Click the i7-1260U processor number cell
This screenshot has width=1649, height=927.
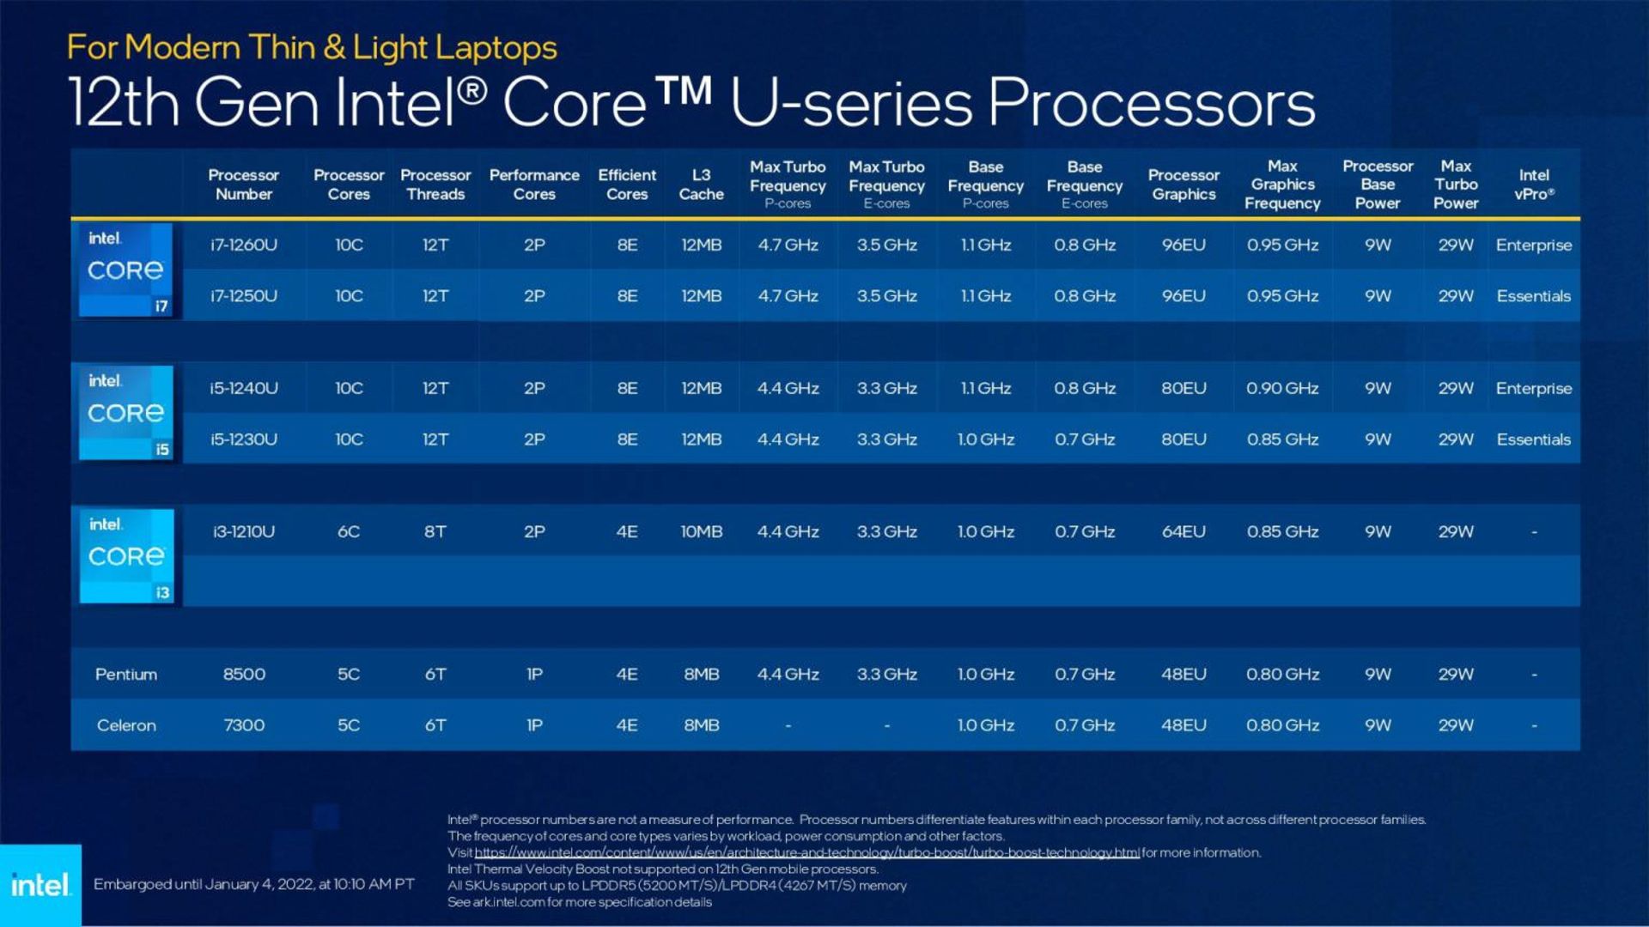pyautogui.click(x=244, y=245)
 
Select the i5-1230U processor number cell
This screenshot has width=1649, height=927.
pyautogui.click(x=244, y=439)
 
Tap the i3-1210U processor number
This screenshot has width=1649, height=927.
pyautogui.click(x=244, y=532)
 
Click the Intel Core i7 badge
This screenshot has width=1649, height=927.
pyautogui.click(x=126, y=270)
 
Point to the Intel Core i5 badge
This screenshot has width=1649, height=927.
pyautogui.click(x=126, y=413)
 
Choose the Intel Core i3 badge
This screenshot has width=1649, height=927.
pyautogui.click(x=126, y=556)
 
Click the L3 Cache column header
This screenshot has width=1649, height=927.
pyautogui.click(x=701, y=185)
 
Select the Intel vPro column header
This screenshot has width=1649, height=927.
pyautogui.click(x=1534, y=185)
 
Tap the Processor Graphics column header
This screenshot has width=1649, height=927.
pyautogui.click(x=1184, y=185)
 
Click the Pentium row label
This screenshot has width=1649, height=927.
pyautogui.click(x=126, y=675)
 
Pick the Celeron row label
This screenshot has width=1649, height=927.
pyautogui.click(x=126, y=725)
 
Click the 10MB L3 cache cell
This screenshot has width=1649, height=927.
pyautogui.click(x=701, y=532)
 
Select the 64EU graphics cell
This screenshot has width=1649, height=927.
pyautogui.click(x=1184, y=532)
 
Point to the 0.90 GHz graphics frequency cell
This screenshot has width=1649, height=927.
pyautogui.click(x=1282, y=389)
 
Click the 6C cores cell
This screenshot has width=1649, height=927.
pyautogui.click(x=349, y=532)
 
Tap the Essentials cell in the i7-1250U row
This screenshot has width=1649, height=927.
pyautogui.click(x=1533, y=296)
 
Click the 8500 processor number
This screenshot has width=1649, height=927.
pyautogui.click(x=244, y=675)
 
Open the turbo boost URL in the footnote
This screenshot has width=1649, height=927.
pyautogui.click(x=806, y=852)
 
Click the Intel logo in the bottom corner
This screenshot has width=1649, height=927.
pyautogui.click(x=40, y=885)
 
